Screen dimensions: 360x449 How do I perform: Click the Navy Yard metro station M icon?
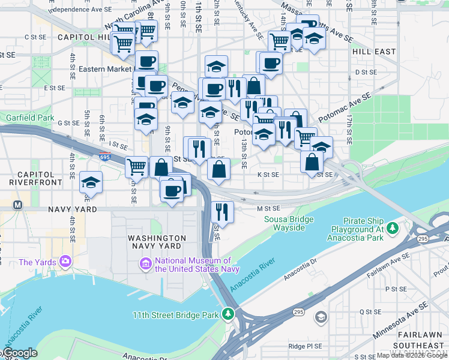coord(18,205)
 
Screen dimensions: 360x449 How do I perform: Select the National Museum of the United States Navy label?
coord(193,265)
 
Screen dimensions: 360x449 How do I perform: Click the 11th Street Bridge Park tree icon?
coord(228,313)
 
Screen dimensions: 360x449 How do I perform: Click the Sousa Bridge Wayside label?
coord(289,223)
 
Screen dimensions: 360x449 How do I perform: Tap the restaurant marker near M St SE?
coord(223,212)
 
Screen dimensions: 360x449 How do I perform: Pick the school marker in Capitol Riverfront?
coord(91,182)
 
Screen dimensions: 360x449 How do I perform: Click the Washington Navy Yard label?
coord(157,242)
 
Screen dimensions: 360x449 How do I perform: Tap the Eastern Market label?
coord(104,69)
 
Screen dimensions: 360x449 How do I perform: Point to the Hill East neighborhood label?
coord(374,52)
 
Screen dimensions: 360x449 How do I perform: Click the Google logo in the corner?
coord(19,353)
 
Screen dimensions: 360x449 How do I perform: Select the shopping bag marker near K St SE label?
coord(218,170)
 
